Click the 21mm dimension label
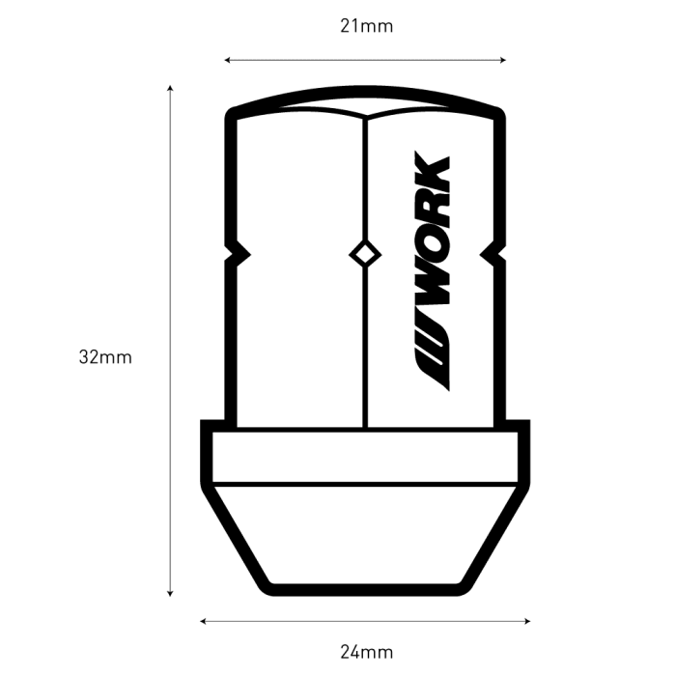tap(366, 27)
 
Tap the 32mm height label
tap(105, 357)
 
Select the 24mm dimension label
tap(366, 652)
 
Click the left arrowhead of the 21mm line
tap(227, 60)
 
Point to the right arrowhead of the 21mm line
tap(503, 60)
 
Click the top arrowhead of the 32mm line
tap(170, 88)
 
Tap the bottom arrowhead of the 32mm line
tap(170, 594)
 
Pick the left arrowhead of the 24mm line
tap(203, 621)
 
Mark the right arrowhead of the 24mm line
tap(527, 621)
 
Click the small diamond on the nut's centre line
tap(365, 255)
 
